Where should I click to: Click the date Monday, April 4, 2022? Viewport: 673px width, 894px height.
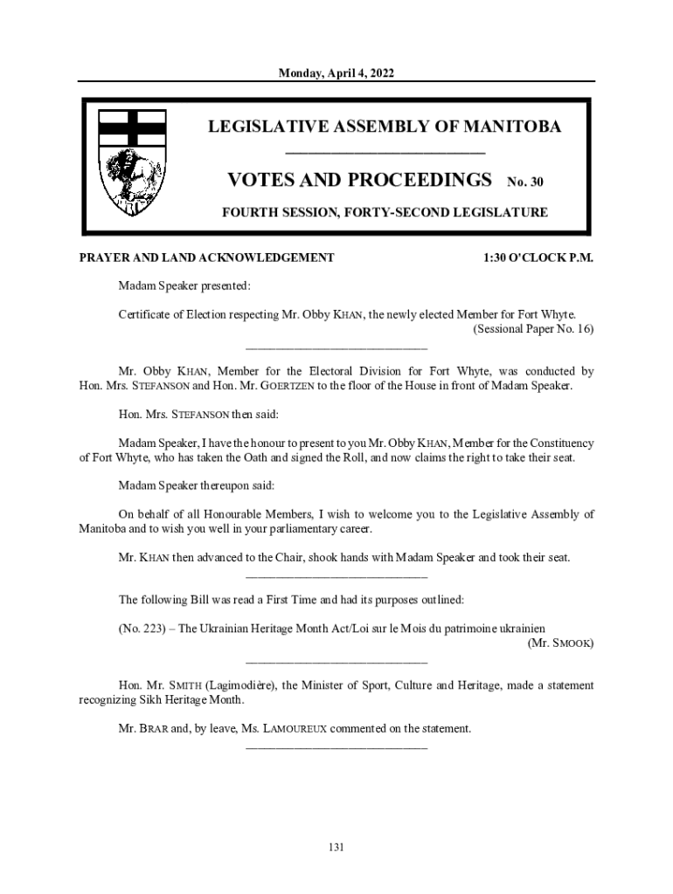pyautogui.click(x=336, y=74)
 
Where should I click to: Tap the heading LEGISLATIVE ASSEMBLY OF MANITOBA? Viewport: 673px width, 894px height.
pyautogui.click(x=385, y=127)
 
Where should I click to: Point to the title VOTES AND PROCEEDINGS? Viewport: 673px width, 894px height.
pyautogui.click(x=359, y=181)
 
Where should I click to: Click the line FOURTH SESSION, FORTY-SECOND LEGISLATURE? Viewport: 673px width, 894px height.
pyautogui.click(x=385, y=212)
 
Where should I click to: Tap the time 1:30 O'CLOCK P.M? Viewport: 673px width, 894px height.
pyautogui.click(x=538, y=258)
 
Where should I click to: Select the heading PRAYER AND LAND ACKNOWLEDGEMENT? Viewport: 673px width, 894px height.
pyautogui.click(x=206, y=258)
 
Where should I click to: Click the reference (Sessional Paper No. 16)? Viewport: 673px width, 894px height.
pyautogui.click(x=533, y=329)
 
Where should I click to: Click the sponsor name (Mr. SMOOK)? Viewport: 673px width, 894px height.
pyautogui.click(x=561, y=643)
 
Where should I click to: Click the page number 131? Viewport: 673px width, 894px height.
pyautogui.click(x=336, y=847)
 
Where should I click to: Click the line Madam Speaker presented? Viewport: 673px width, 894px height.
pyautogui.click(x=184, y=285)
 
